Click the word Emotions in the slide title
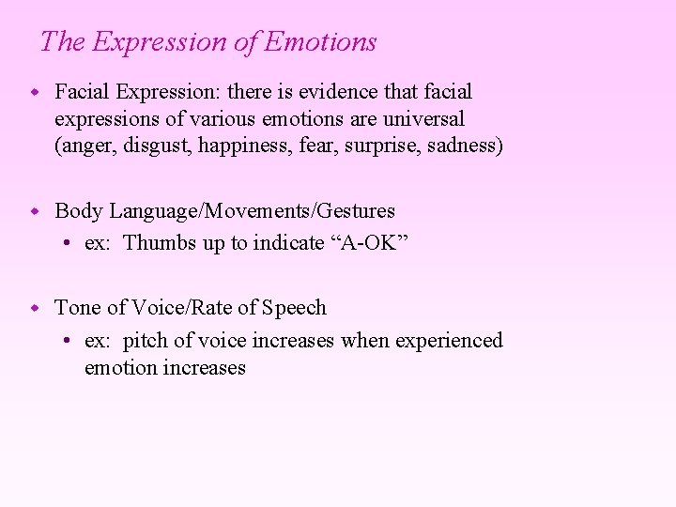point(321,42)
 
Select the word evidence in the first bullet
point(342,92)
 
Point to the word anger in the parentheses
point(86,147)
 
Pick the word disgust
point(157,147)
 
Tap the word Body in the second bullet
point(76,210)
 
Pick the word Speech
point(294,308)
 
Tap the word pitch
point(145,340)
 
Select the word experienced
point(449,340)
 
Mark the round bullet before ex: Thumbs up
point(69,243)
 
